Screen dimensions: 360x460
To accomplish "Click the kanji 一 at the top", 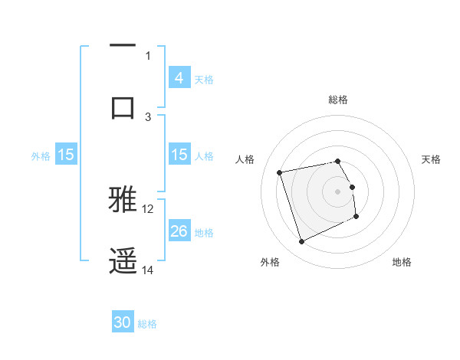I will tap(123, 46).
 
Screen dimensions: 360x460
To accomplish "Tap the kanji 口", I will tap(123, 107).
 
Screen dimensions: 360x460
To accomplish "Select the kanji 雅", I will tap(123, 198).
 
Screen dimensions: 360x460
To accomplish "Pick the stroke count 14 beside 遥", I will tap(148, 270).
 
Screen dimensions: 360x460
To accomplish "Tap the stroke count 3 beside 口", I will tap(149, 116).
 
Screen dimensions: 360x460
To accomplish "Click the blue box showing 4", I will tap(179, 77).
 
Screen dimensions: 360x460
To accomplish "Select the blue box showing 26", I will tap(179, 231).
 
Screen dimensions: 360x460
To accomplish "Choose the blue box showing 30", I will tap(123, 323).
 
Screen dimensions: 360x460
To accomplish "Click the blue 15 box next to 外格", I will tap(66, 155).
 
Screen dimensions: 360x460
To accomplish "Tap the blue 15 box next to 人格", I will tap(179, 155).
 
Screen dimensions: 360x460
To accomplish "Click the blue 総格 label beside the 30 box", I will tap(147, 324).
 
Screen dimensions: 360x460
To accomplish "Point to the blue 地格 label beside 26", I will tap(204, 232).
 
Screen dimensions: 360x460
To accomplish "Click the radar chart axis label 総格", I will tap(338, 100).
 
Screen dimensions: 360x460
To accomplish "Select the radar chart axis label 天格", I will tap(432, 159).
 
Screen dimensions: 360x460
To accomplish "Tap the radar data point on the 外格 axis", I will tap(301, 242).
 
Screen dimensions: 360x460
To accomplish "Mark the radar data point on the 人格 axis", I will tap(280, 172).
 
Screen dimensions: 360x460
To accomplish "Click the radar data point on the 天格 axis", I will tap(353, 187).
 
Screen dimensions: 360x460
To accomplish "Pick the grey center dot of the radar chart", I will tap(338, 191).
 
